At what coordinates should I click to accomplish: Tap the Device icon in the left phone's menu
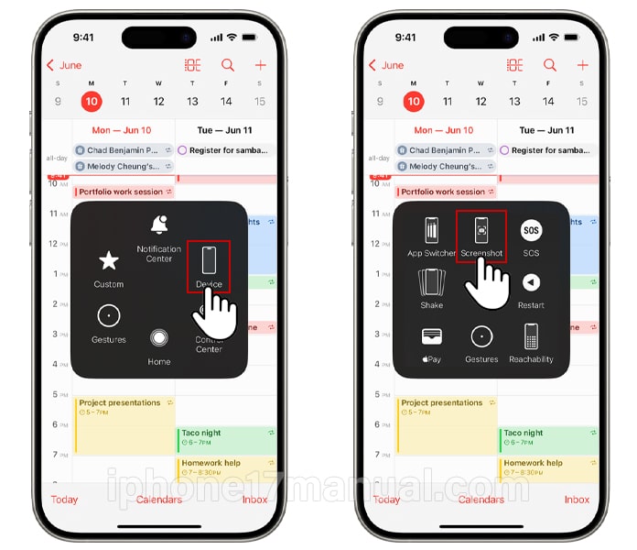209,260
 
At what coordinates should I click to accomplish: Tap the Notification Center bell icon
159,225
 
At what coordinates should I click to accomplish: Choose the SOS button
531,230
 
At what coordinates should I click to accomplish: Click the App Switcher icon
431,230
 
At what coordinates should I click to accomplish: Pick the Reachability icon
531,336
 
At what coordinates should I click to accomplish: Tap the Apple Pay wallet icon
431,336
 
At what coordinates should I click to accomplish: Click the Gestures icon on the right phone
481,336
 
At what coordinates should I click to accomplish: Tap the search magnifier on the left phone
227,65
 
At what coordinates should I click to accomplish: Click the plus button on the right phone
583,65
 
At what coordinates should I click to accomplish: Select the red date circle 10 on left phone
92,102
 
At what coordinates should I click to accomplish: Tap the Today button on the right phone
386,500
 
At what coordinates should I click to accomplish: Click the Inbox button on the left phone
254,500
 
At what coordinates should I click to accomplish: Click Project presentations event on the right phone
446,408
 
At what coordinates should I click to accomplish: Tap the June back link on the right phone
387,65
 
